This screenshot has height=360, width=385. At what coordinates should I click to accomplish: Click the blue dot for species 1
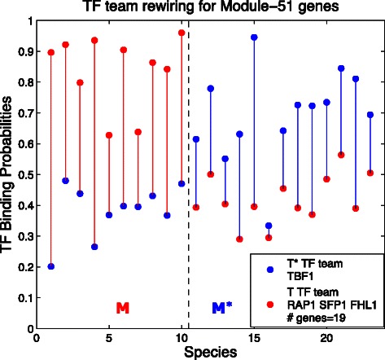coord(51,266)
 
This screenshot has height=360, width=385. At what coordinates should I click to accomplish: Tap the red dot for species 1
coord(51,52)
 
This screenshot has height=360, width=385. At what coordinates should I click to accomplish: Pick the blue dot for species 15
coord(254,37)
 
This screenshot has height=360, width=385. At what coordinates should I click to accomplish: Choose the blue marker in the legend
coord(269,268)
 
